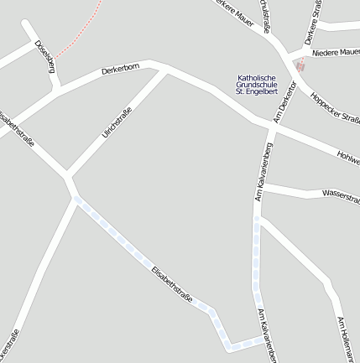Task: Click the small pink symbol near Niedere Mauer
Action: click(x=300, y=65)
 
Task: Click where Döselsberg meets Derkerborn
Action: click(x=58, y=91)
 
